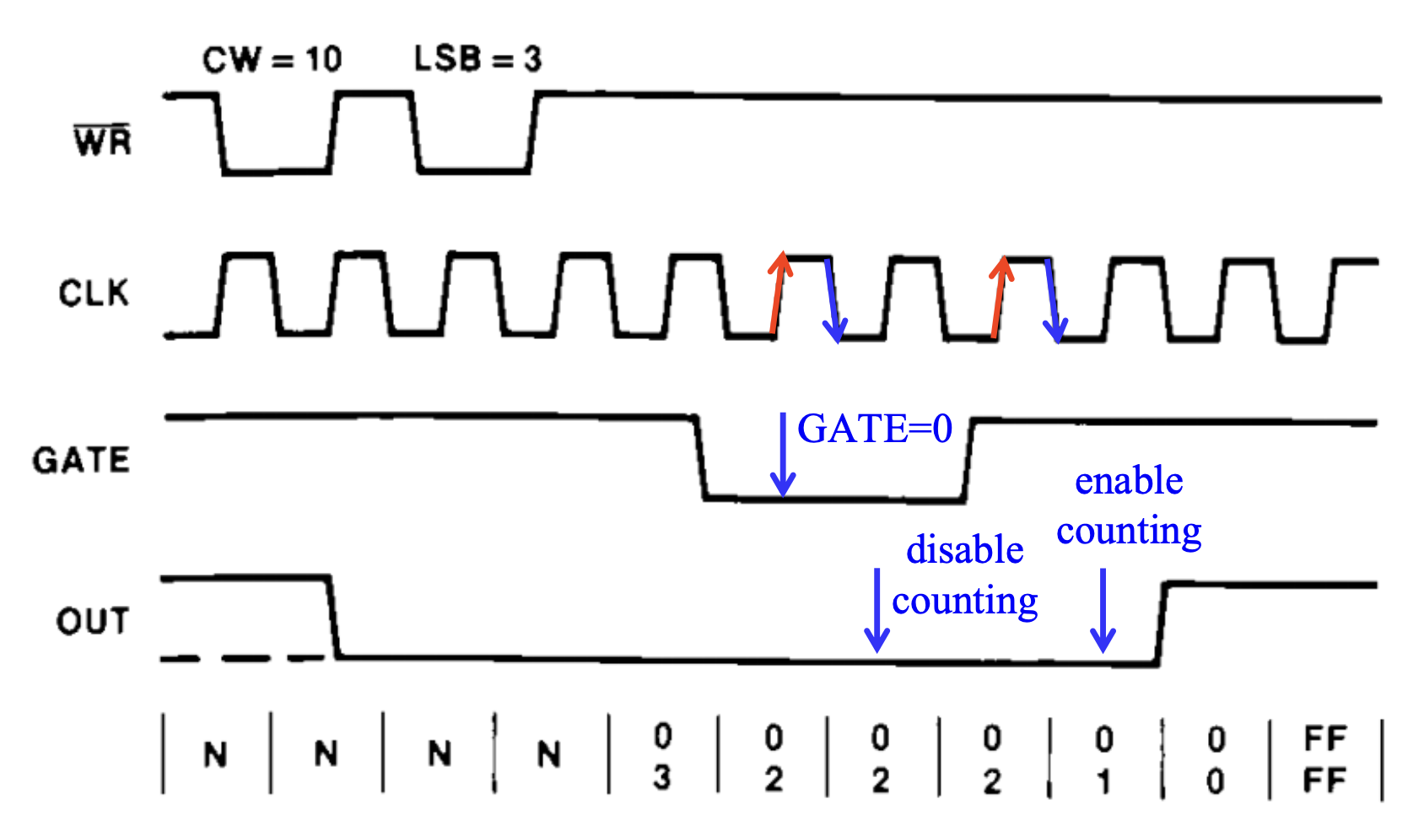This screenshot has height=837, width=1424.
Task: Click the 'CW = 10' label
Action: click(272, 60)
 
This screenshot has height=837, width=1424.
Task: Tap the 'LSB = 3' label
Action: click(477, 59)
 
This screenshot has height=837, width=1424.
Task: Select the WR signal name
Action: click(103, 141)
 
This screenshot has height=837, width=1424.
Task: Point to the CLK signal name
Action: click(94, 294)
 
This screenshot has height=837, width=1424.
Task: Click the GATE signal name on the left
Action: click(82, 461)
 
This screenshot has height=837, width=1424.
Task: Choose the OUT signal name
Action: click(93, 622)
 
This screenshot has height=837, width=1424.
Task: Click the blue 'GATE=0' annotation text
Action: click(875, 429)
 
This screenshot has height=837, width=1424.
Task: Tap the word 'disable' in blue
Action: click(965, 550)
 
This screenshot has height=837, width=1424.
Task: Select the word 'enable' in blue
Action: click(1129, 481)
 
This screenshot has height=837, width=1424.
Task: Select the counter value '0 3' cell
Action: click(663, 757)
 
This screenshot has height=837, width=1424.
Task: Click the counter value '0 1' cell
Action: click(1104, 760)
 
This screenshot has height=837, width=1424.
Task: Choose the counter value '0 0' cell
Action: click(1216, 760)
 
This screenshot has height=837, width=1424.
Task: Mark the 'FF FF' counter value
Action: click(1324, 760)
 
